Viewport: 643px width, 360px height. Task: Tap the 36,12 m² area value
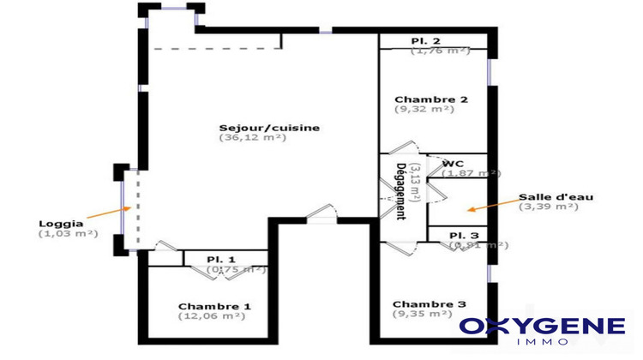253,138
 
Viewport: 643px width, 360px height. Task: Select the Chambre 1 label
214,306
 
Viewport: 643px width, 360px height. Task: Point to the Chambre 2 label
430,99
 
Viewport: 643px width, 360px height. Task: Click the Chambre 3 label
430,304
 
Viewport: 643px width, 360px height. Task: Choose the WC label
453,163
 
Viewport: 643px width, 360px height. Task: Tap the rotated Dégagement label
400,190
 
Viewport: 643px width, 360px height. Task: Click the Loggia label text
62,224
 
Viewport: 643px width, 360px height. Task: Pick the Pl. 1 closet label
220,260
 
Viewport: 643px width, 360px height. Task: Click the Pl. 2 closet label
425,41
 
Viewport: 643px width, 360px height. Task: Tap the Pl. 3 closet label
464,235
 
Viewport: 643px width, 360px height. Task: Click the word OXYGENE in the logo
543,326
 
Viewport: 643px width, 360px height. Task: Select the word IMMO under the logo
543,343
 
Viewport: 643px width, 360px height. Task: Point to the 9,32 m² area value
424,110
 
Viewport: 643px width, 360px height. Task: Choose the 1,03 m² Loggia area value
68,234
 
